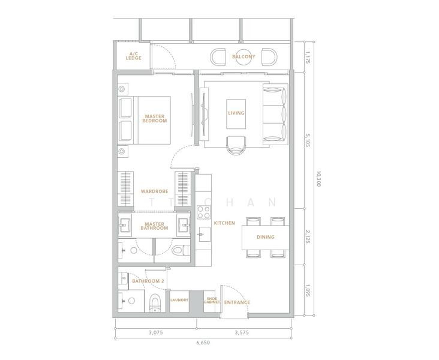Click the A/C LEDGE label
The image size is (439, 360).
click(x=134, y=56)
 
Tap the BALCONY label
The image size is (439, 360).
click(x=243, y=56)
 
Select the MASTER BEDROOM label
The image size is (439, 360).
click(x=155, y=119)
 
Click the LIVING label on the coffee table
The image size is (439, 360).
click(x=236, y=113)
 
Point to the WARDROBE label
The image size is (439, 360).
click(x=155, y=191)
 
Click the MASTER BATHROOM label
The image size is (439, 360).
click(x=154, y=226)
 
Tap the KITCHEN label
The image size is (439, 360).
click(x=224, y=223)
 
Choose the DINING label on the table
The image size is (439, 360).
click(x=266, y=237)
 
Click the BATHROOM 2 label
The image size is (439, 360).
click(x=148, y=281)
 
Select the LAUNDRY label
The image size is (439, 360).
click(x=179, y=300)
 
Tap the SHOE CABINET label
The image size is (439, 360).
click(x=212, y=301)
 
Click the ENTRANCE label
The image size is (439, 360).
click(x=237, y=302)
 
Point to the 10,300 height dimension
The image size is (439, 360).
click(x=318, y=179)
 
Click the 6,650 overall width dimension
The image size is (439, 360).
click(x=203, y=343)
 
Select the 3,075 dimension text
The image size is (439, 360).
click(x=156, y=333)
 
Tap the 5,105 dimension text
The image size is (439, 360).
click(x=308, y=140)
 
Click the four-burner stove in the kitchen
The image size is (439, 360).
click(x=203, y=212)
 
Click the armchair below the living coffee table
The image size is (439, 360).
click(x=236, y=145)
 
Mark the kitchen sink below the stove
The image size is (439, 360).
click(x=203, y=235)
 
